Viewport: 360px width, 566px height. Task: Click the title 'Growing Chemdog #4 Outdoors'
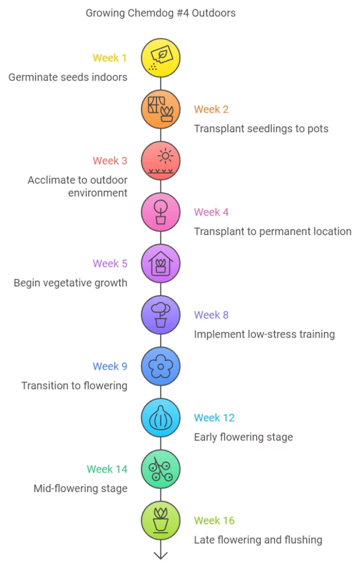coord(160,13)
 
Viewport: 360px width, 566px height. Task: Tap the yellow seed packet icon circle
coord(160,58)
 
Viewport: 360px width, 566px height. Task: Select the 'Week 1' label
coord(109,58)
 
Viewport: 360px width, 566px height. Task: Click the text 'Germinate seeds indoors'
coord(68,77)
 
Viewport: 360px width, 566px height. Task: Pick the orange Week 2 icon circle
coord(160,109)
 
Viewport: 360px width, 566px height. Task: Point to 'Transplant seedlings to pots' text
coord(261,129)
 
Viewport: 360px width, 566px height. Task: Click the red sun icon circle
coord(160,161)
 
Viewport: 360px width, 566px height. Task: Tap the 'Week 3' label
coord(109,161)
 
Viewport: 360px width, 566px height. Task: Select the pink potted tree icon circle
coord(160,212)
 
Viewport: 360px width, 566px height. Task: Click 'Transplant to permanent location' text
coord(273,232)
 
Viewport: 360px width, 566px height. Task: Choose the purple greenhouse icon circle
coord(160,264)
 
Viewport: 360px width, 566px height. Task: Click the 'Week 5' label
coord(109,264)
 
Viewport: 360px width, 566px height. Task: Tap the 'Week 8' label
coord(211,315)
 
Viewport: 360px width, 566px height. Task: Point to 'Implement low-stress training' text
coord(264,334)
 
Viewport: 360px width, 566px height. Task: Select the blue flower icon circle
coord(160,366)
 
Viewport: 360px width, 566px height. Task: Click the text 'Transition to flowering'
coord(75,386)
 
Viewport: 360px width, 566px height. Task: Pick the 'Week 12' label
coord(214,418)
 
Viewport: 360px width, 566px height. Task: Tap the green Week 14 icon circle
coord(160,469)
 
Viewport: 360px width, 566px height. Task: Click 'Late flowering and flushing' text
coord(258,540)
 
